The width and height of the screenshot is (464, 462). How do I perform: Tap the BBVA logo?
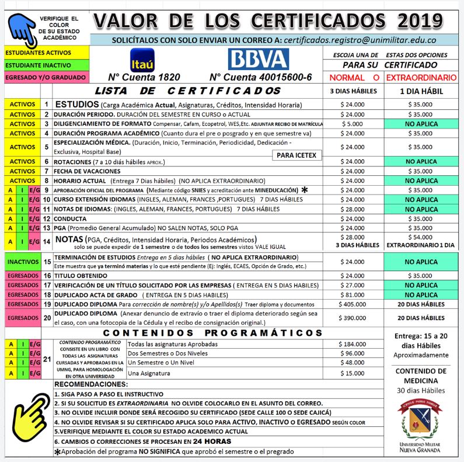coord(259,59)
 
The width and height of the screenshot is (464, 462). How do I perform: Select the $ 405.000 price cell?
coord(353,304)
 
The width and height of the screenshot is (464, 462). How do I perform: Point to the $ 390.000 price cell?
coord(353,318)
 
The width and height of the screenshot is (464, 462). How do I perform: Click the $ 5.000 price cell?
coord(353,124)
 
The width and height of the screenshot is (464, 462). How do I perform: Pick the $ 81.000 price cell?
coord(353,295)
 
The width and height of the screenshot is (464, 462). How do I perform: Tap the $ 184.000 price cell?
coord(353,344)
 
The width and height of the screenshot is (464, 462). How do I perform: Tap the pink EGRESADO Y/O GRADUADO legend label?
coord(45,77)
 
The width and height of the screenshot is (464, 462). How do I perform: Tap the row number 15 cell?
coord(47,262)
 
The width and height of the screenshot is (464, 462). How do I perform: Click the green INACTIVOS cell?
coord(22,262)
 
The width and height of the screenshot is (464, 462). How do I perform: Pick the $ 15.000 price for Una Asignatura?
coord(353,373)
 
